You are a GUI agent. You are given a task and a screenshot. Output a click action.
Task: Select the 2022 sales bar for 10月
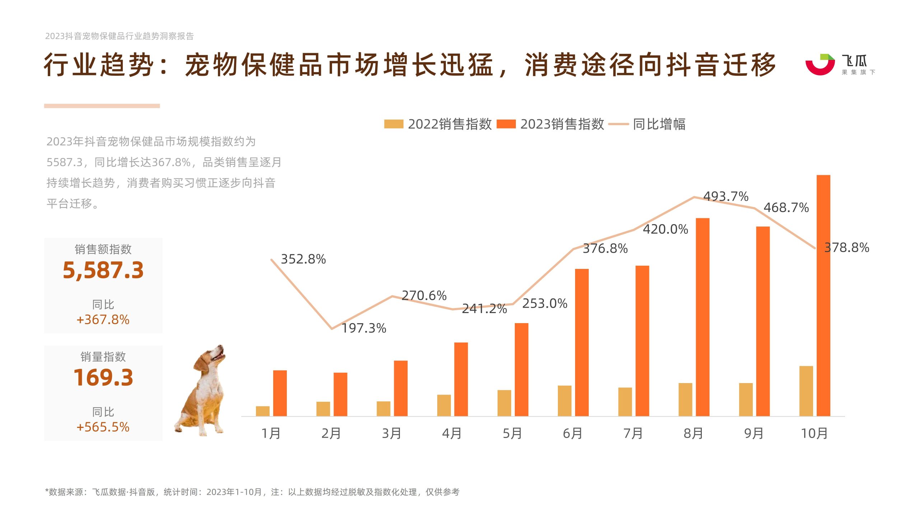[806, 391]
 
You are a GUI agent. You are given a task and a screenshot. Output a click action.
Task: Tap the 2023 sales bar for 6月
[582, 343]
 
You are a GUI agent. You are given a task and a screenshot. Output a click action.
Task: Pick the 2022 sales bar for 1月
[263, 411]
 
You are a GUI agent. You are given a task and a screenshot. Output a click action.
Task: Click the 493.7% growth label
[726, 196]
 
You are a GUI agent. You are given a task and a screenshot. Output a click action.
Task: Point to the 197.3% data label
[364, 328]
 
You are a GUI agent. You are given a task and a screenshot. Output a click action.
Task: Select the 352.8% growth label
[303, 259]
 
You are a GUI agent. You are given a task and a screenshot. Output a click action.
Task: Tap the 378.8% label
[846, 247]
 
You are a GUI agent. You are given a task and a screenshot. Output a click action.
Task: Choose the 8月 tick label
[693, 433]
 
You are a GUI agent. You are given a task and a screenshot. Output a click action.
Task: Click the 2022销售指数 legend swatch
[393, 124]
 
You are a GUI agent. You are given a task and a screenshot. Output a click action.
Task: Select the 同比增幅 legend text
[659, 124]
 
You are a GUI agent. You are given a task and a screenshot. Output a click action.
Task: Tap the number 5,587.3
[103, 270]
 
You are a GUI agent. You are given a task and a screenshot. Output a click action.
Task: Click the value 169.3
[103, 377]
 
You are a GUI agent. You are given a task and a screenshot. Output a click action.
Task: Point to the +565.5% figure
[103, 427]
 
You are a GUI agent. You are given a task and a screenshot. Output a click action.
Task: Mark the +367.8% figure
[103, 320]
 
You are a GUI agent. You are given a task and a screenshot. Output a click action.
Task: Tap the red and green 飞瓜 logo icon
[820, 64]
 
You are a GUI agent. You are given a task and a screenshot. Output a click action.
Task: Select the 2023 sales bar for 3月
[401, 388]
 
